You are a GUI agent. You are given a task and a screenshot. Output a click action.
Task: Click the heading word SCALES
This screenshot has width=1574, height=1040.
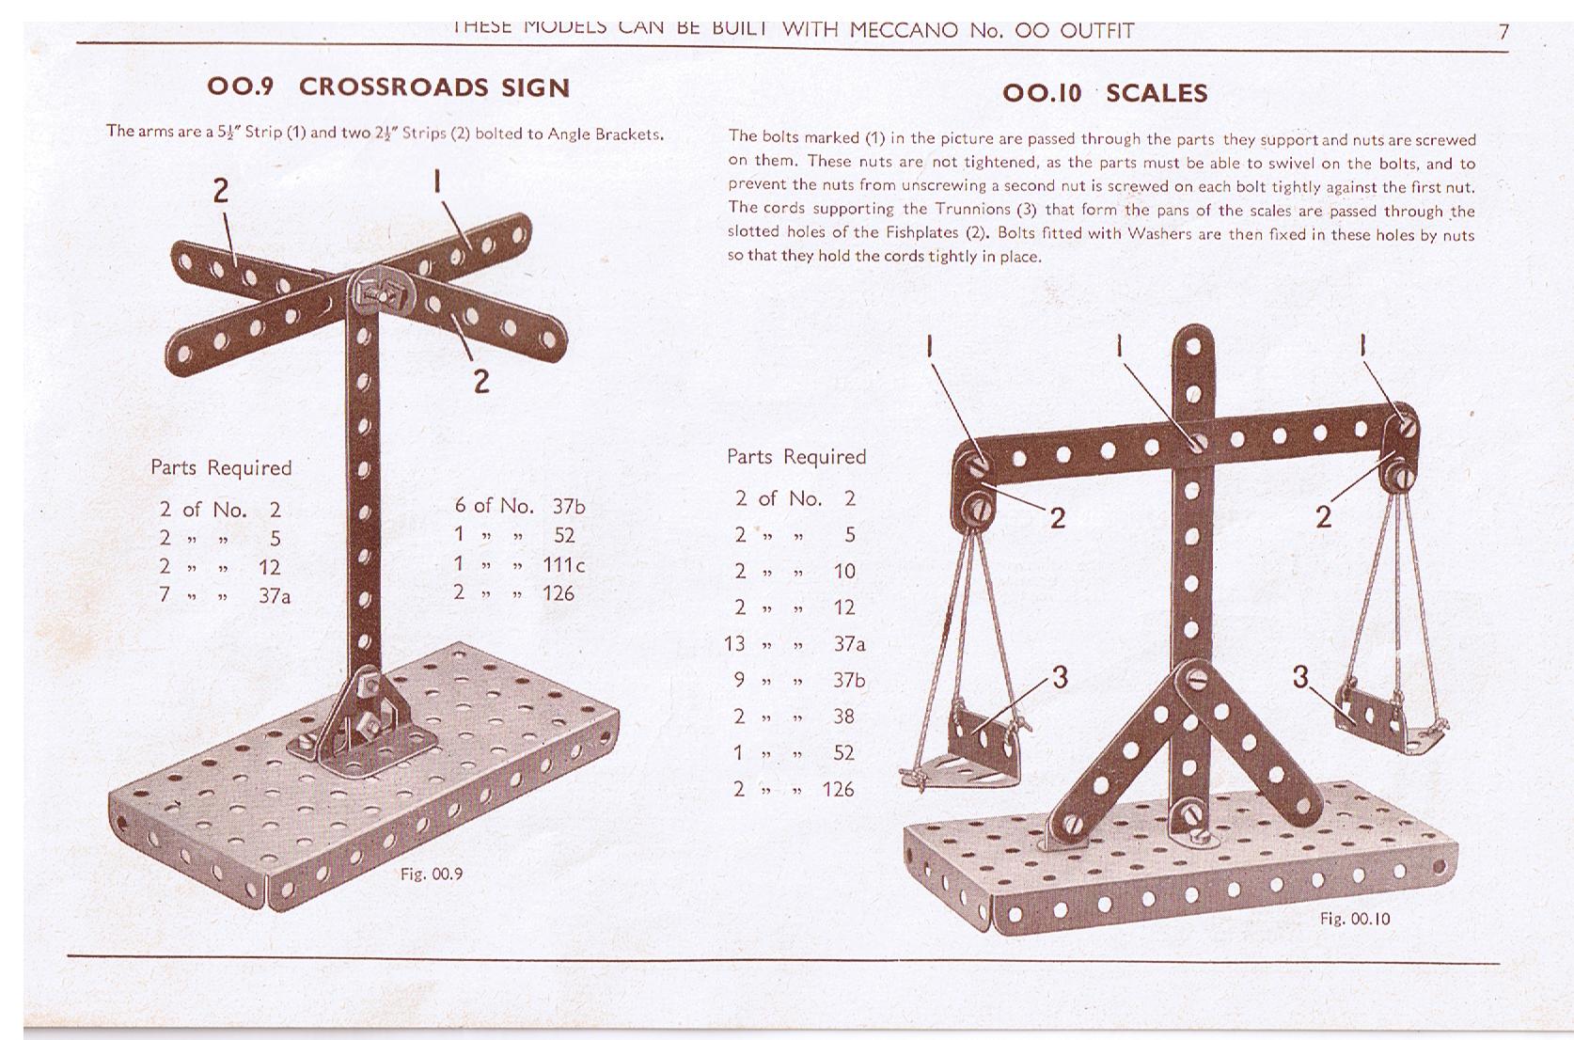tap(1157, 93)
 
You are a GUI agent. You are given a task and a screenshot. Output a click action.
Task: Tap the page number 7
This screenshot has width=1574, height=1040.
tap(1503, 32)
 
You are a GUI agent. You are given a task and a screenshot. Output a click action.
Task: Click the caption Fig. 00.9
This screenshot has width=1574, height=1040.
tap(432, 875)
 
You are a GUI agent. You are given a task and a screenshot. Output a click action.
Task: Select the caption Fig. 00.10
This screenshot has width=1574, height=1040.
tap(1355, 919)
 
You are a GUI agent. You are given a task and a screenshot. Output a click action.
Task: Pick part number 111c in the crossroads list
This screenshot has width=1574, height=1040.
tap(563, 564)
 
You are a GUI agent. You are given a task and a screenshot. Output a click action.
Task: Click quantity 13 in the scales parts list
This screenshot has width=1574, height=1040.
tap(734, 644)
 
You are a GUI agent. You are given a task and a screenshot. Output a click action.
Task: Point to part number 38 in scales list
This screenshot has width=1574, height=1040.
tap(844, 717)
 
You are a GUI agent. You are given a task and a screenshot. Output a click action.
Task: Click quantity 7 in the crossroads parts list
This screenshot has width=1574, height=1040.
tap(165, 594)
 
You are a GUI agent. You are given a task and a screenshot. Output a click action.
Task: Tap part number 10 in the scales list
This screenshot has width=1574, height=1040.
tap(844, 572)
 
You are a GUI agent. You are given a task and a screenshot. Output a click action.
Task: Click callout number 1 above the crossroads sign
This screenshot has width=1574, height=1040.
tap(437, 181)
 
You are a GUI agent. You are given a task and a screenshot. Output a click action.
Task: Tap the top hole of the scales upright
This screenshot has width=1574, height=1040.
tap(1193, 347)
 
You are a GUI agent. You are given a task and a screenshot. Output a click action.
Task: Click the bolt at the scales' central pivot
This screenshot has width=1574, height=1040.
tap(1197, 442)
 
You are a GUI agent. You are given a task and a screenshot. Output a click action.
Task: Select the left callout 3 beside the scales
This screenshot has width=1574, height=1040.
tap(1060, 677)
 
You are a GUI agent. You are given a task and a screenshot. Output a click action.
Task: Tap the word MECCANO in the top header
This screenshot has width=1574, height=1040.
tap(904, 30)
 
